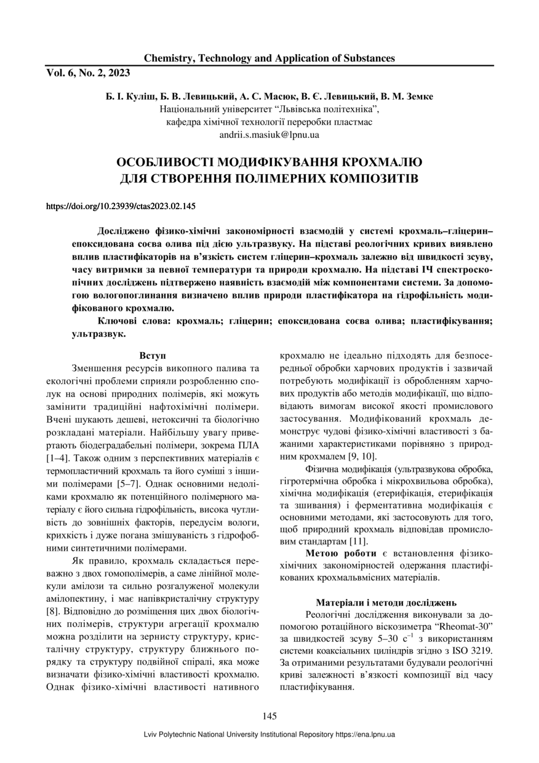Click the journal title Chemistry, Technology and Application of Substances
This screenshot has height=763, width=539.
tap(269, 58)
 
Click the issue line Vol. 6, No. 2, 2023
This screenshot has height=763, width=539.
tap(88, 73)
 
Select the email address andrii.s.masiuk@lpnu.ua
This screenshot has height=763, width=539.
tap(269, 134)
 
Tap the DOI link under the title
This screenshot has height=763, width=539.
tap(121, 206)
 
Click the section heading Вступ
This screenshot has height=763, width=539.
tap(151, 356)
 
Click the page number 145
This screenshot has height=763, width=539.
tap(269, 716)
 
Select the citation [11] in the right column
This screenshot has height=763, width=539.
tap(359, 541)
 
